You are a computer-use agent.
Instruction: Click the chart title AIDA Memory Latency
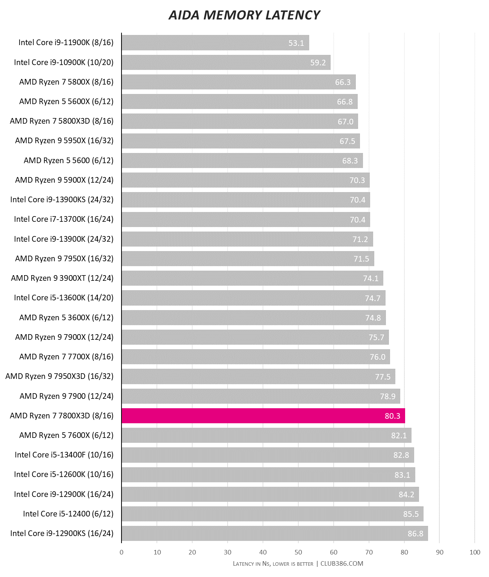click(244, 15)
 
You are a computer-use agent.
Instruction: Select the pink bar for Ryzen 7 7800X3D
click(263, 416)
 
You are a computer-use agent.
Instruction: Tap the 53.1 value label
click(296, 43)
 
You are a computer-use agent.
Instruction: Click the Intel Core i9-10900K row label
click(64, 62)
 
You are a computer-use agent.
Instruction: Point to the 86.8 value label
click(415, 533)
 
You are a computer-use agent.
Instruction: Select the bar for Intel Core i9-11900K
click(215, 43)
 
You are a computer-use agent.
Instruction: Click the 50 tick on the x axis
click(298, 552)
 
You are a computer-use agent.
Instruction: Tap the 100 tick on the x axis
click(475, 552)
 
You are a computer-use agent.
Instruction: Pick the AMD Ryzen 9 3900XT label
click(62, 278)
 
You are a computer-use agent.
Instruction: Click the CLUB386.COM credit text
click(342, 563)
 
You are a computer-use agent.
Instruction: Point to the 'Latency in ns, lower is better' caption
click(273, 563)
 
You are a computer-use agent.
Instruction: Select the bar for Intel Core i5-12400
click(272, 514)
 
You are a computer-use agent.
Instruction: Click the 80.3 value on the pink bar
click(392, 416)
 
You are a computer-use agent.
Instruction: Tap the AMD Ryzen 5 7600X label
click(66, 435)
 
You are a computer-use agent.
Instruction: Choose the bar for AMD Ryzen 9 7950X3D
click(258, 377)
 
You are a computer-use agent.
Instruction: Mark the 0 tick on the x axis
click(121, 552)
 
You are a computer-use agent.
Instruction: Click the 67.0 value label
click(345, 121)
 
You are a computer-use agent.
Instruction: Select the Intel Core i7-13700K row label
click(64, 219)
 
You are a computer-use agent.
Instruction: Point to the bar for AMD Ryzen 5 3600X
click(254, 318)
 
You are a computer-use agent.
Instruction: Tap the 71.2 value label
click(360, 239)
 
